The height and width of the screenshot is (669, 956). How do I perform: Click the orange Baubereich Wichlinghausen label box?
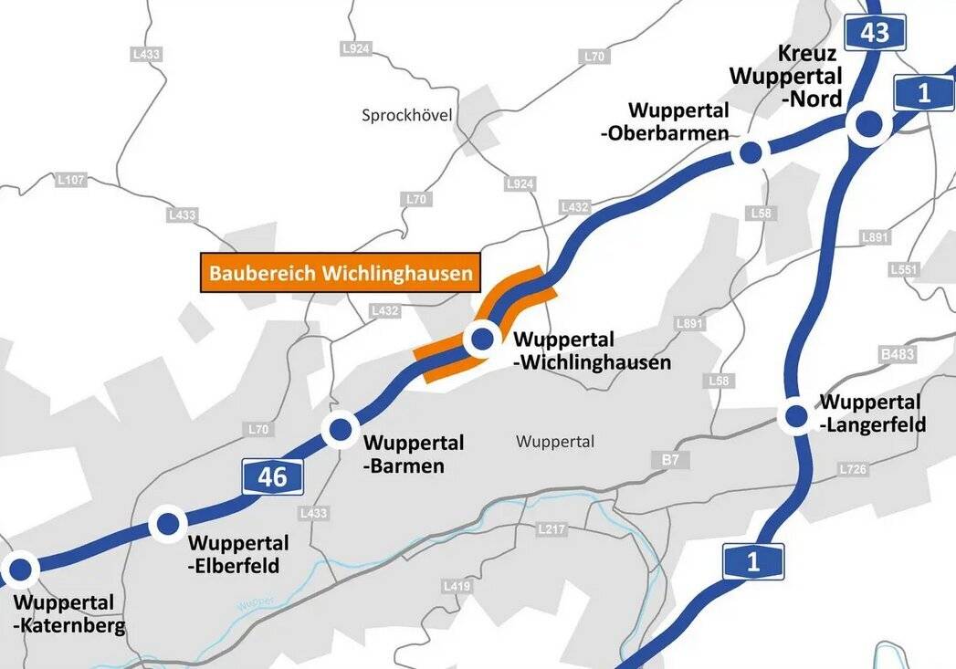coord(340,273)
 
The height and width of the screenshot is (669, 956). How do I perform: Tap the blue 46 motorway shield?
coord(272,476)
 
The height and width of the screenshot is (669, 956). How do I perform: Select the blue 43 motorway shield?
coord(874,32)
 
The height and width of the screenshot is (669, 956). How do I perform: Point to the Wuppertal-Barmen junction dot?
coord(341,428)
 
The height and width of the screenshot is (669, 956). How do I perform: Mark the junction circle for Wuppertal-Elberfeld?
coord(168,524)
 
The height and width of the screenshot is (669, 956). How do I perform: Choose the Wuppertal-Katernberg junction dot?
coord(20,570)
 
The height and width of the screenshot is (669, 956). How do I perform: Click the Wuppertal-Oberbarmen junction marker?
coord(751,152)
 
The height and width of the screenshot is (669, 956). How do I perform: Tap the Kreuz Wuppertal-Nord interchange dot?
coord(867,125)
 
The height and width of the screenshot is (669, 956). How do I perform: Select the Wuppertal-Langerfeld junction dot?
coord(796,416)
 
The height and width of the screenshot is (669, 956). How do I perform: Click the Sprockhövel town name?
coord(407,115)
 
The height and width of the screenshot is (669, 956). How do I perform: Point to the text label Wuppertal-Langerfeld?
coord(872,413)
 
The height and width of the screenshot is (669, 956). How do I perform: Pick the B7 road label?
coord(671,460)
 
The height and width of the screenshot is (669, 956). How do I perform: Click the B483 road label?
coord(897,353)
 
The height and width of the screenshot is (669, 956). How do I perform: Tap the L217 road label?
coord(552,528)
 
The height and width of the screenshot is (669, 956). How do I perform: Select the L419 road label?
coord(456,585)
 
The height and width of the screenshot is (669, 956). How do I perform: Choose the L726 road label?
coord(852,469)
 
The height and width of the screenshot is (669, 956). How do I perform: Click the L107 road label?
coord(70,181)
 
